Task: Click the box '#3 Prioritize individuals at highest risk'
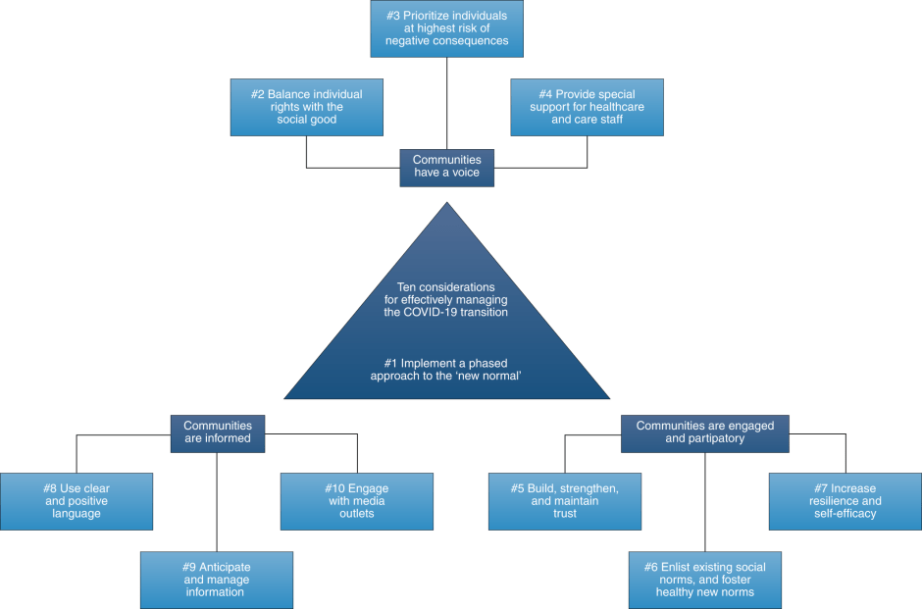click(446, 28)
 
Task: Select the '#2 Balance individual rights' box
click(306, 107)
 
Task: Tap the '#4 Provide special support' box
click(587, 107)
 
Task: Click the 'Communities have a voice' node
click(446, 167)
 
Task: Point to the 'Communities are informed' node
click(218, 432)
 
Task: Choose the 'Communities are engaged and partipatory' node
click(704, 432)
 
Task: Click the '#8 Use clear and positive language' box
click(77, 501)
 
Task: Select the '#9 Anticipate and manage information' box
click(216, 580)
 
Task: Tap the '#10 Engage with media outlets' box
click(356, 501)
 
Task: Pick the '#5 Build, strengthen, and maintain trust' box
click(564, 501)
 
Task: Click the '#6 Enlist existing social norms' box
click(704, 580)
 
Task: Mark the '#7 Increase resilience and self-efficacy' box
click(845, 501)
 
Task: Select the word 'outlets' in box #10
click(356, 514)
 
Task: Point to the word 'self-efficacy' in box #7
click(845, 514)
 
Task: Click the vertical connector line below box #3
click(447, 103)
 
